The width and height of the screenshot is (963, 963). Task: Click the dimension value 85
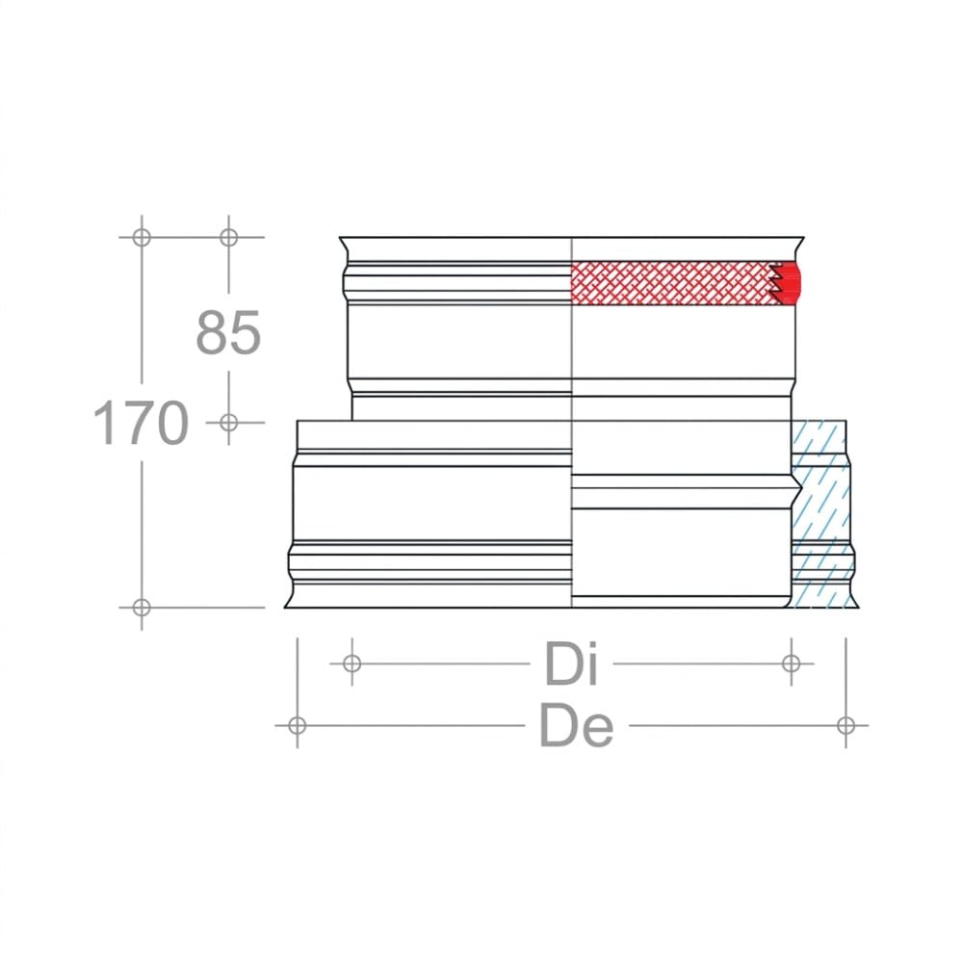(228, 332)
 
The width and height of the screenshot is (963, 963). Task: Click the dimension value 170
(141, 423)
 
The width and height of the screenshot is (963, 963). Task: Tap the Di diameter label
(571, 664)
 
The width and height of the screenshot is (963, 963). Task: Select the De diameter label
(576, 725)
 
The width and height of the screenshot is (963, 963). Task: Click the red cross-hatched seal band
(671, 282)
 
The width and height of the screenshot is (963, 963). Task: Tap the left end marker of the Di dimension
(351, 664)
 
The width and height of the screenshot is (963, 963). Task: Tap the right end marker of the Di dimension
(792, 664)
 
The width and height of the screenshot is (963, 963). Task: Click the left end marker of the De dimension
(298, 725)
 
